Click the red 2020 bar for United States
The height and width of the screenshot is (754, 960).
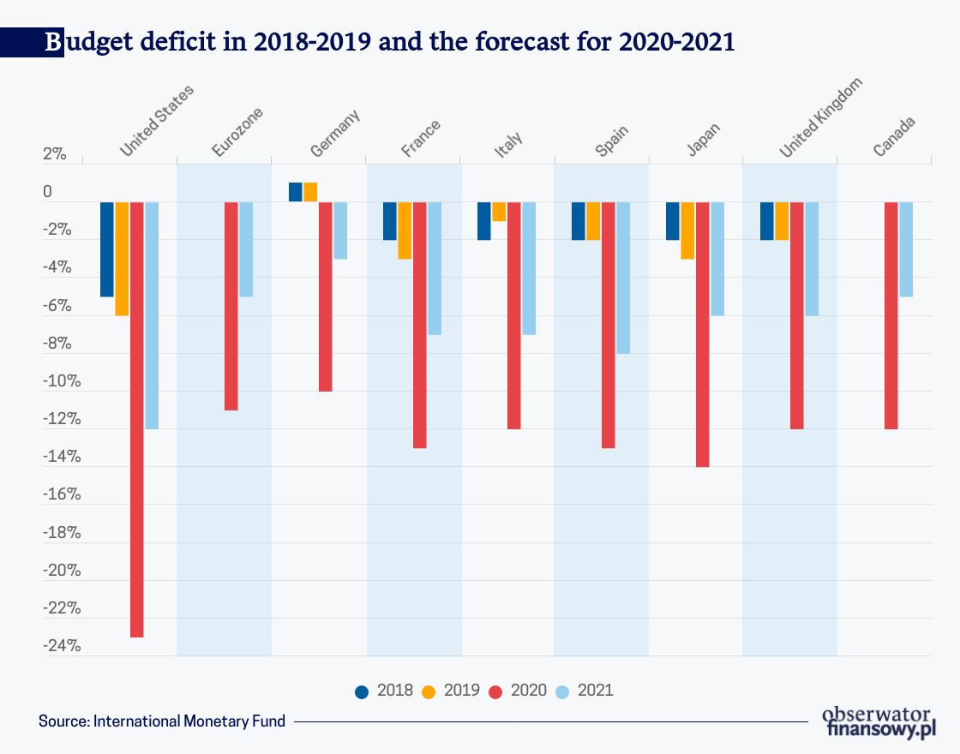[x=137, y=419]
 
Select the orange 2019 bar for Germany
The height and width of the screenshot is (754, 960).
[x=310, y=192]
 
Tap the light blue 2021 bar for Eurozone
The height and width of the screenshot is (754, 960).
[x=246, y=249]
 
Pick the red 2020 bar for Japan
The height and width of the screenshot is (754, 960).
[x=702, y=334]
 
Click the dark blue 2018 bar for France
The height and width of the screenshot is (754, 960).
[x=390, y=221]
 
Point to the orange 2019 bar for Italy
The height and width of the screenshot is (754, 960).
[x=499, y=212]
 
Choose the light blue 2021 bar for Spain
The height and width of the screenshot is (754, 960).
[x=623, y=278]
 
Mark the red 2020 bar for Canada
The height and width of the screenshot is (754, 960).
[x=891, y=315]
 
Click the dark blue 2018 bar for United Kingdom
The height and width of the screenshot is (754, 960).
[x=767, y=221]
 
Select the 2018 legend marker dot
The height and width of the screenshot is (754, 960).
[x=362, y=691]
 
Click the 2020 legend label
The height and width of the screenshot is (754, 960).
[x=528, y=691]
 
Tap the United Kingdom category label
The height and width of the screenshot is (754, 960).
[x=819, y=117]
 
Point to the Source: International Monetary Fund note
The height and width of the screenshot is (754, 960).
[x=162, y=721]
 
